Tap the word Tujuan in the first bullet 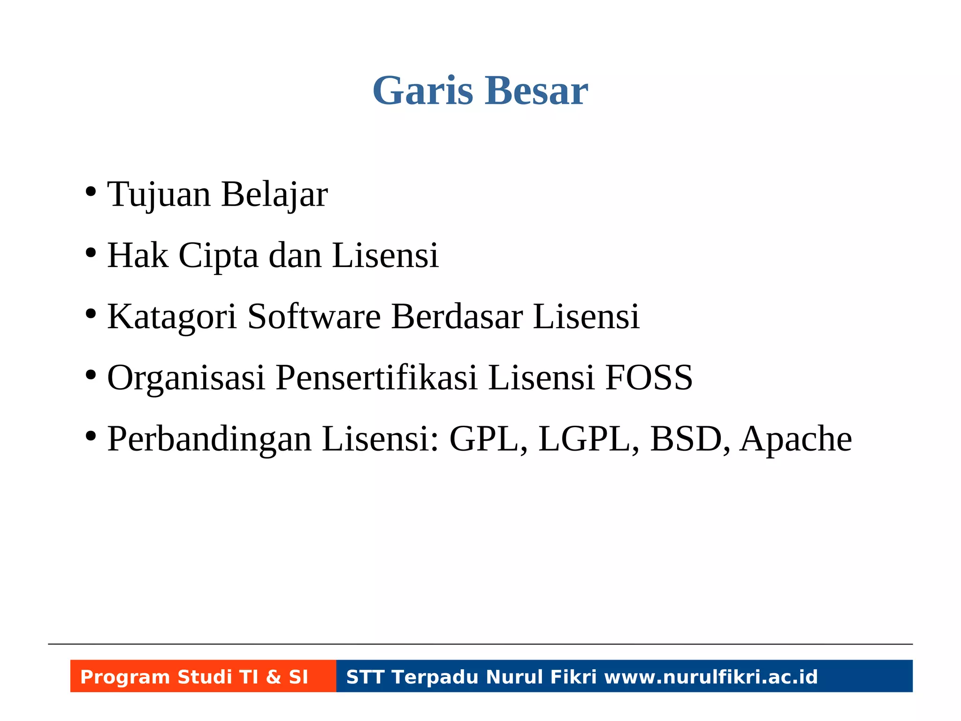coord(159,194)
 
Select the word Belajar coord(274,194)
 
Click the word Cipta coord(218,255)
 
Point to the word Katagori coord(172,316)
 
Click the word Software coord(314,316)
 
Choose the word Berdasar coord(457,316)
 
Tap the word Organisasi coord(186,377)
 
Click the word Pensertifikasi coord(376,377)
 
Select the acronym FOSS coord(648,377)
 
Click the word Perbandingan coord(209,438)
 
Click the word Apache coord(796,438)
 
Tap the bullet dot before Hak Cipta coord(91,254)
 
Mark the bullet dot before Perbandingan coord(91,437)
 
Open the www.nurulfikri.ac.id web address coord(711,677)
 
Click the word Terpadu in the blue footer coord(435,677)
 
